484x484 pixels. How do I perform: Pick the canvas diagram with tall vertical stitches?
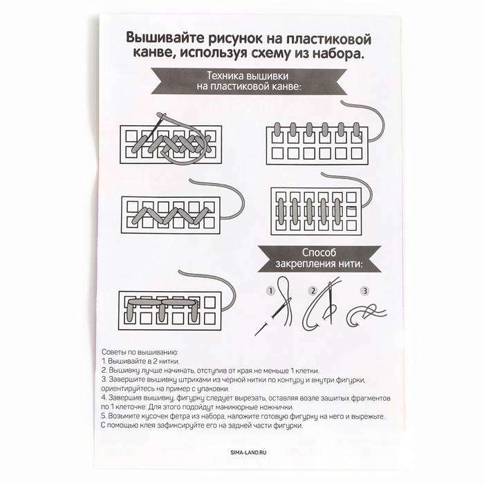[x=315, y=208]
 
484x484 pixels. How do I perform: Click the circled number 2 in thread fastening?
[x=313, y=290]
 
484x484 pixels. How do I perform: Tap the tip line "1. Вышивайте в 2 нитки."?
[x=142, y=362]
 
